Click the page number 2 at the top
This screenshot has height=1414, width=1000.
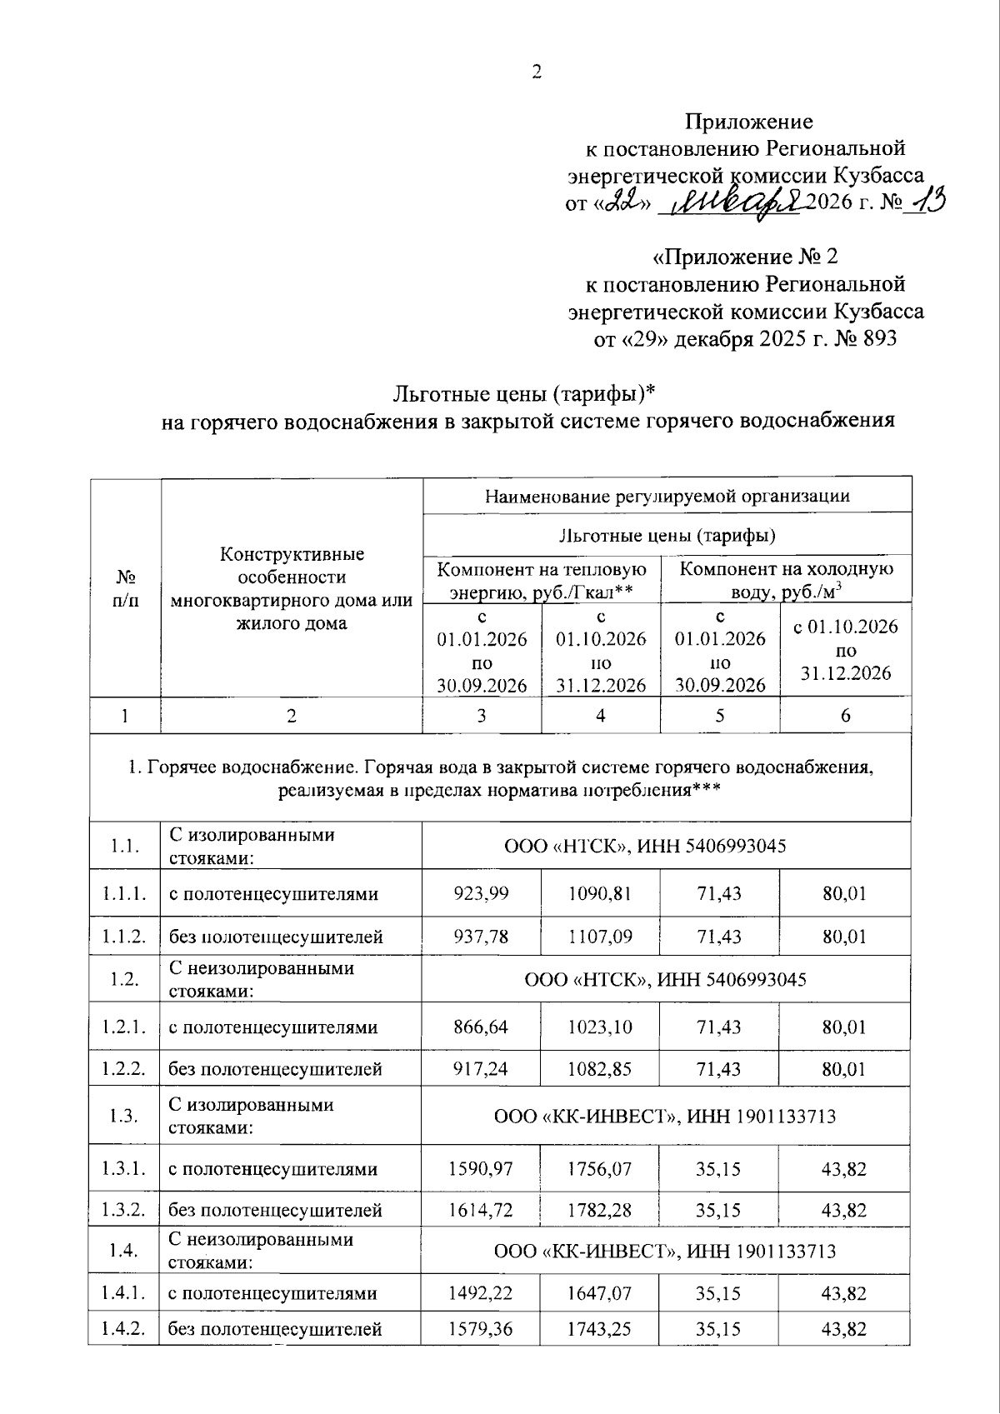coord(537,72)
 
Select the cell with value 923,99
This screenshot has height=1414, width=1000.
coord(481,894)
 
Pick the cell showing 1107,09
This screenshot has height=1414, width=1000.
coord(600,936)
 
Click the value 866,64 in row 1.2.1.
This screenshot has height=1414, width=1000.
coord(481,1027)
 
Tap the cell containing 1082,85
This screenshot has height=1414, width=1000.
coord(600,1069)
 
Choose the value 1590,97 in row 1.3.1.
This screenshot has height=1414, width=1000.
coord(481,1169)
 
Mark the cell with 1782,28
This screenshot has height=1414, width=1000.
coord(600,1210)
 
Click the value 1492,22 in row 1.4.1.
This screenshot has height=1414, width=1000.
coord(481,1293)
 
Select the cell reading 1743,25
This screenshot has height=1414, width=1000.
coord(600,1329)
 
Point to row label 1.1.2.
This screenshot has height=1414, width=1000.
coord(124,936)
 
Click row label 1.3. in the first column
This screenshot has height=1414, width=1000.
coord(124,1116)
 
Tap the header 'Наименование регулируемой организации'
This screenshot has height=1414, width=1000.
coord(667,497)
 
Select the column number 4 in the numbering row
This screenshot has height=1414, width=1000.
coord(600,716)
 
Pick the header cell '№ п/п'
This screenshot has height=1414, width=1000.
coord(126,588)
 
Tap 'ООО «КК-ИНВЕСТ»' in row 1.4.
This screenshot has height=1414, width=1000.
coord(583,1251)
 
